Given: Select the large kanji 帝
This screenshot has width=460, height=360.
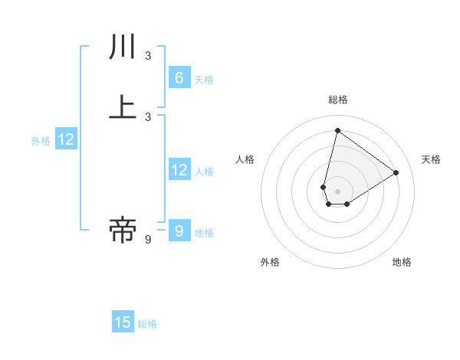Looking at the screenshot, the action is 123,229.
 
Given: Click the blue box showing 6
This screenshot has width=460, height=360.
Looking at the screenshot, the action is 179,78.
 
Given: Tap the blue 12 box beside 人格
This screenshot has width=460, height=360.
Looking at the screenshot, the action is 179,170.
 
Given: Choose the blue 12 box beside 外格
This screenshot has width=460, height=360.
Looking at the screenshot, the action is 66,139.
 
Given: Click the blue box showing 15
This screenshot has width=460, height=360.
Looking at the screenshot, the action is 123,322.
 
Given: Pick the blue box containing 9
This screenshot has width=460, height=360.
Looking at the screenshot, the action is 179,231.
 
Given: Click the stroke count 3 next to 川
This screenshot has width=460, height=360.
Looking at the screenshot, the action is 148,55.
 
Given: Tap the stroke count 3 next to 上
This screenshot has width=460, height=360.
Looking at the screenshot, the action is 148,116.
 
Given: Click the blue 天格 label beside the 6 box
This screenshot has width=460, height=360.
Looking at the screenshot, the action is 204,80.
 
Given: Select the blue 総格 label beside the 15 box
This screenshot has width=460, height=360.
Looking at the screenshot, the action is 147,324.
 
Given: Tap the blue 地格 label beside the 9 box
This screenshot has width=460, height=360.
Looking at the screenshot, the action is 204,233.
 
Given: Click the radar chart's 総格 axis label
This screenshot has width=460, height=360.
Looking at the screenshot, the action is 338,100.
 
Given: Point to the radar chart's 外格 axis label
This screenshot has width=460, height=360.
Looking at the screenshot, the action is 270,262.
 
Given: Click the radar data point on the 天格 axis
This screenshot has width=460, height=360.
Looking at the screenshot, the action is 396,172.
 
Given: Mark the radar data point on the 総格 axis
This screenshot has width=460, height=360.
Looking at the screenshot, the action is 337,130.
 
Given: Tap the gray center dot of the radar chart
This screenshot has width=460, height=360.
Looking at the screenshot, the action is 337,191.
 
